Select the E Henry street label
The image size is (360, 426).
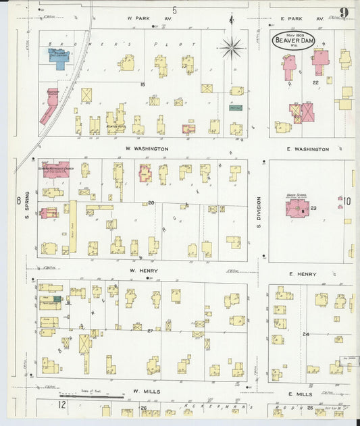(303, 273)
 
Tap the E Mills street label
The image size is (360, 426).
(300, 394)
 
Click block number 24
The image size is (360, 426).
(306, 334)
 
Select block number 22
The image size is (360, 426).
(315, 82)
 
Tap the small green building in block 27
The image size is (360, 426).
(58, 298)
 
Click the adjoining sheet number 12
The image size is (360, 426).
(61, 405)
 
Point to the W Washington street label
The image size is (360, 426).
(146, 148)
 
